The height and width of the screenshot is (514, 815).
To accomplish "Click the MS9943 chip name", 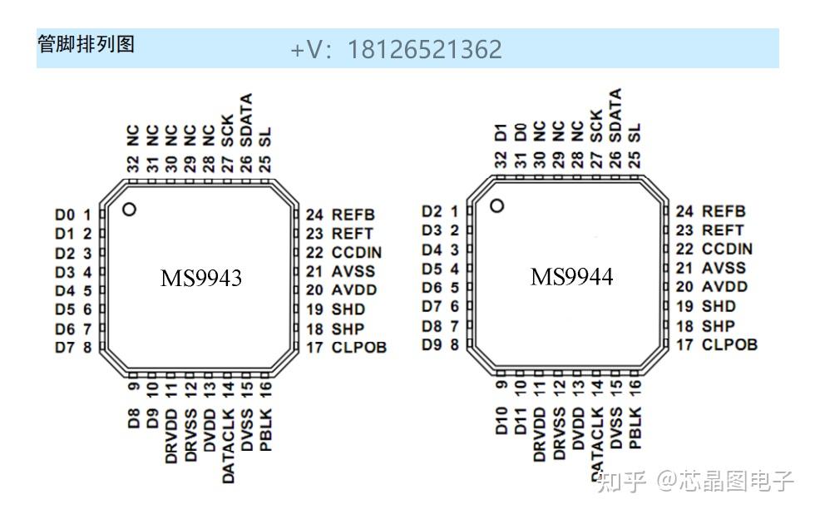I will coord(201,279).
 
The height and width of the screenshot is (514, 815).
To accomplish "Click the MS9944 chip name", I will coord(571,277).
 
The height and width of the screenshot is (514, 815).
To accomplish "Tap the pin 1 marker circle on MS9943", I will coord(128,209).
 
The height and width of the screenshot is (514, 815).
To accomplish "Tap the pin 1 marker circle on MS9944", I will coord(497,205).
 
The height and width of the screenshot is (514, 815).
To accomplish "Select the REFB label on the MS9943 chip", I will coord(353,215).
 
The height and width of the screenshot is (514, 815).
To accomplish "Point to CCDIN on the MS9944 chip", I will coord(727,249).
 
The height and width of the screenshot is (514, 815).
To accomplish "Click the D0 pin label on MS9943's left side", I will coord(65,215).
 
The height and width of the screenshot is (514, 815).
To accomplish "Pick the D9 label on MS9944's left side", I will coord(432,343).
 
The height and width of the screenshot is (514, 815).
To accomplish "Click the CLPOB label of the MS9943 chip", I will coord(359,348).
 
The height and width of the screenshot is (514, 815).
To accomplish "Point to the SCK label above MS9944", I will coord(596,129).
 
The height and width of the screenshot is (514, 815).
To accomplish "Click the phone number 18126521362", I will coord(424,49).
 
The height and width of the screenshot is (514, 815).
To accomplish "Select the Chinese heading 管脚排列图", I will coord(86,44).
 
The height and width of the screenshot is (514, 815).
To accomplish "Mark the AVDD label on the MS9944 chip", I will coord(724,287).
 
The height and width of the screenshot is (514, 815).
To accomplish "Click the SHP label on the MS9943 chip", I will coord(347,329).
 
